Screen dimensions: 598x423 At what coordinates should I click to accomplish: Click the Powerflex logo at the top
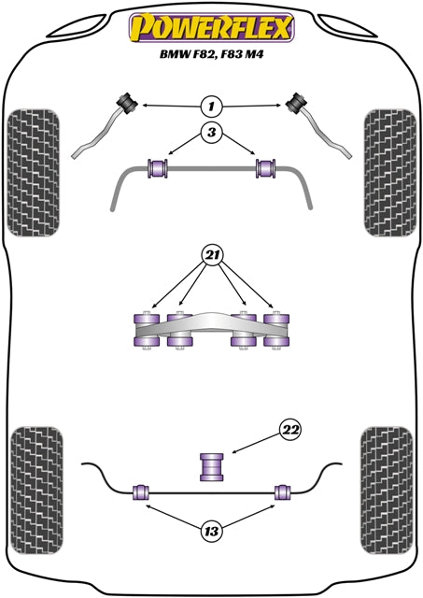(x=211, y=27)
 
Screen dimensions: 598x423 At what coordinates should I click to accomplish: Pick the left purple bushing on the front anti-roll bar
(x=157, y=169)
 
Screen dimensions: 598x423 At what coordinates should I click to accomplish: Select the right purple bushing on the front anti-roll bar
(x=267, y=169)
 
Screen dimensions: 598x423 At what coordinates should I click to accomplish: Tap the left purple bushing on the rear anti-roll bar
(x=142, y=491)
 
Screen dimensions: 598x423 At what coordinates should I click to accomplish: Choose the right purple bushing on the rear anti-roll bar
(x=282, y=491)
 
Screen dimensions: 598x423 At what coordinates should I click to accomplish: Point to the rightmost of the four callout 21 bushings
(x=275, y=330)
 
